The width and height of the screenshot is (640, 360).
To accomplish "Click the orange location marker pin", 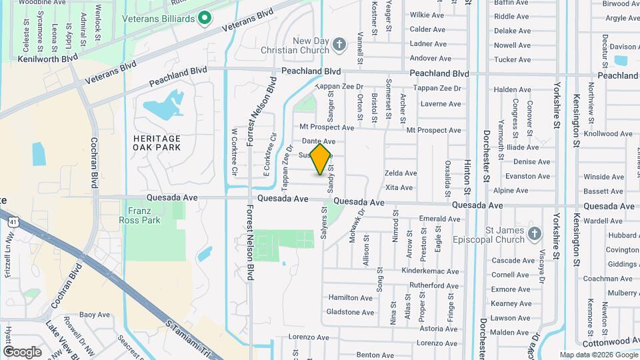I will tap(321, 159).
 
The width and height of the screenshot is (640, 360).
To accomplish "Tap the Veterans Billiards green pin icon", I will tap(205, 18).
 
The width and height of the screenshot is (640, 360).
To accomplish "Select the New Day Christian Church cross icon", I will tap(339, 45).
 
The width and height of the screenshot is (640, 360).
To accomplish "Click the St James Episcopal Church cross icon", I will tap(533, 233).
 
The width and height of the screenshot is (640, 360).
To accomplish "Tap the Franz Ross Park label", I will tap(140, 215).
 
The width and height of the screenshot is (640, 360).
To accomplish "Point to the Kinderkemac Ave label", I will tap(431, 271).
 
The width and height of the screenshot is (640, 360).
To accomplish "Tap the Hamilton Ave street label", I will tap(351, 298).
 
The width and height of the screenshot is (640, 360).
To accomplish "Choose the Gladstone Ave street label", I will tap(351, 312).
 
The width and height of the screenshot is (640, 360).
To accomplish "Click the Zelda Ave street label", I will tap(401, 173).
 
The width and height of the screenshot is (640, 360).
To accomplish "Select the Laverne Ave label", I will tap(441, 104).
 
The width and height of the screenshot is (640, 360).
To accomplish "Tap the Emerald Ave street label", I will tap(440, 219).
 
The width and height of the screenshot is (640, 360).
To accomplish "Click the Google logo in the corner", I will tap(22, 351).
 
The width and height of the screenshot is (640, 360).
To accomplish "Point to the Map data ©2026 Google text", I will tap(597, 355).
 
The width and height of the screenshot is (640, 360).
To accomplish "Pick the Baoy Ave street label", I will tap(95, 315).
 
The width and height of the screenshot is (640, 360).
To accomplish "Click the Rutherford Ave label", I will tap(434, 285).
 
